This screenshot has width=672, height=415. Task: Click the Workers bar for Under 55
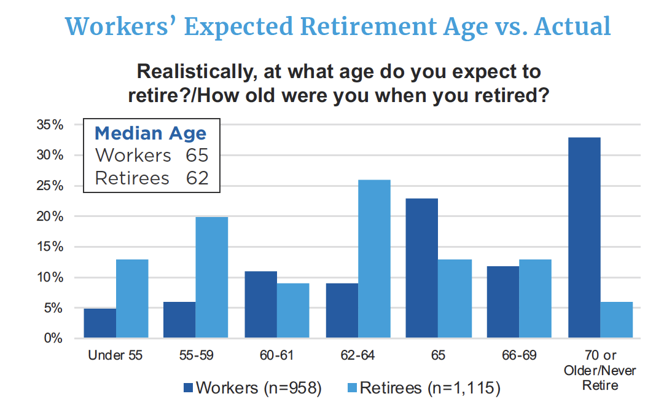[x=100, y=323]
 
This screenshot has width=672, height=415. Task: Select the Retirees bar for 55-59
[x=212, y=278]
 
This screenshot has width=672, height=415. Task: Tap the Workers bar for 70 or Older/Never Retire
[x=584, y=238]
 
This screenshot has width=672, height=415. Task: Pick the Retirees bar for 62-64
[x=374, y=259]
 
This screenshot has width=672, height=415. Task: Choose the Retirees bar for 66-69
[x=535, y=299]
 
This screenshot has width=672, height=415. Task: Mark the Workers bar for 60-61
[x=261, y=305]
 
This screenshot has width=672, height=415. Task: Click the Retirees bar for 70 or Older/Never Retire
[x=616, y=320]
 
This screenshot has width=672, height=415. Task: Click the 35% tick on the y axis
[x=49, y=125]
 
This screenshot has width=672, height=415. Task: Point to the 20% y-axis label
[x=49, y=216]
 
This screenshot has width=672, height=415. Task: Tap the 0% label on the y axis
[x=52, y=338]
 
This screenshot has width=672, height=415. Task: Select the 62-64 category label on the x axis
[x=357, y=356]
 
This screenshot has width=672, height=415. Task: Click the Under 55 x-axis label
[x=116, y=356]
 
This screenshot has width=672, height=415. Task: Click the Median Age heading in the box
[x=150, y=133]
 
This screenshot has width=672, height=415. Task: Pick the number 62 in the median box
[x=197, y=178]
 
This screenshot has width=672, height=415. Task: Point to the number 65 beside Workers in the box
[x=197, y=156]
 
